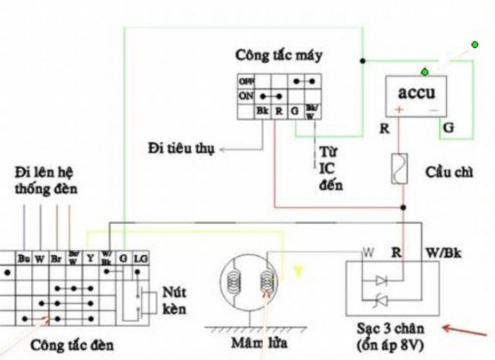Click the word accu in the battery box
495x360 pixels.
point(414,92)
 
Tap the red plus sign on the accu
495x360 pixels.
point(399,111)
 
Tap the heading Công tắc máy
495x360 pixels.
point(279,55)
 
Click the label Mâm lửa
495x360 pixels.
point(248,343)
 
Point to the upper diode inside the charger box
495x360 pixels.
point(383,277)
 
